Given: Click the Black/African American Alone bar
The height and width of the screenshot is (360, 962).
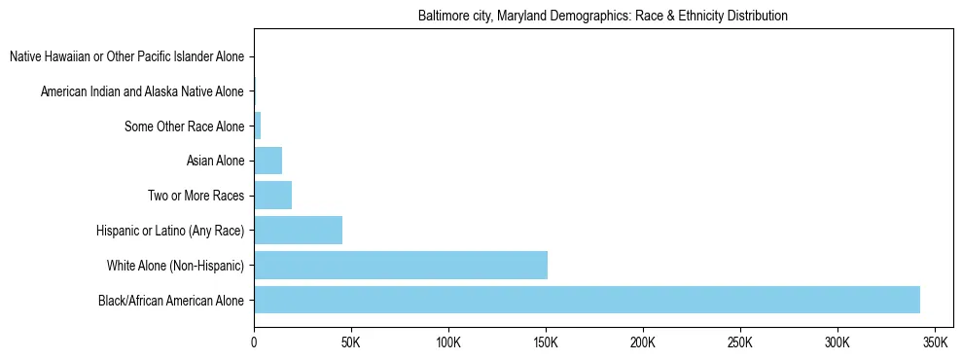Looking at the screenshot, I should coord(587,300).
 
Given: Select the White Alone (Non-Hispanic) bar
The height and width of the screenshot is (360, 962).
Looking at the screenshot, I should coord(401,265).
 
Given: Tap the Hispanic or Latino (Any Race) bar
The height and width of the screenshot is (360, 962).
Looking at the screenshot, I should coord(298,230).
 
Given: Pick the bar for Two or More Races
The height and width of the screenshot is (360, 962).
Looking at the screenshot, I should coord(272,196).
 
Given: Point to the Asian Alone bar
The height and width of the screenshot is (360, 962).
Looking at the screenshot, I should coord(267,161).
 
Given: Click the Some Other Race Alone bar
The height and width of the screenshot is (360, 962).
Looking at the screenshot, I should coord(258,126).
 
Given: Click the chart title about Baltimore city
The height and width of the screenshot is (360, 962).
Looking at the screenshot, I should coord(602,17).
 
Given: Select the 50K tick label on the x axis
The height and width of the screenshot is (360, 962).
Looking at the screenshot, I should coord(351,343).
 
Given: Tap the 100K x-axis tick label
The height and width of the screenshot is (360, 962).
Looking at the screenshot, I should coord(448,343).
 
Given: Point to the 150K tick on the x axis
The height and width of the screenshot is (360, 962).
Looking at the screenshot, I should coord(546,343).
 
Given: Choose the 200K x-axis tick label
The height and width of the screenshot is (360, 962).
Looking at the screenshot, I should coord(643,343).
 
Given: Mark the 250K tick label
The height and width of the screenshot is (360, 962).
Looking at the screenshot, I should coord(740,343).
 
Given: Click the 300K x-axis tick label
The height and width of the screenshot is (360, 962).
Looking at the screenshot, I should coord(837,343).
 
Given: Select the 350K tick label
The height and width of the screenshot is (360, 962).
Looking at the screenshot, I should coord(935,343).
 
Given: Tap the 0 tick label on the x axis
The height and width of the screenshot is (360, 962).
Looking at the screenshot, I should coord(254,343).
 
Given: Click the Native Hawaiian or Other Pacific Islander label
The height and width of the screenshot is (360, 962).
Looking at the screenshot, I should coord(126,57).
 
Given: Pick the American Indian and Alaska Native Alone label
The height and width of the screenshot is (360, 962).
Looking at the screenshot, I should coord(142,91).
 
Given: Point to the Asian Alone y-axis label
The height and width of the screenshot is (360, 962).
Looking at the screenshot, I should coord(215,161).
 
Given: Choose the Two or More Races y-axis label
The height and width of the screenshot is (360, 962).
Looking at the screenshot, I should coord(196,196).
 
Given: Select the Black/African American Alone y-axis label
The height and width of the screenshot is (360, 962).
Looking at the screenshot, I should coord(171,301).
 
